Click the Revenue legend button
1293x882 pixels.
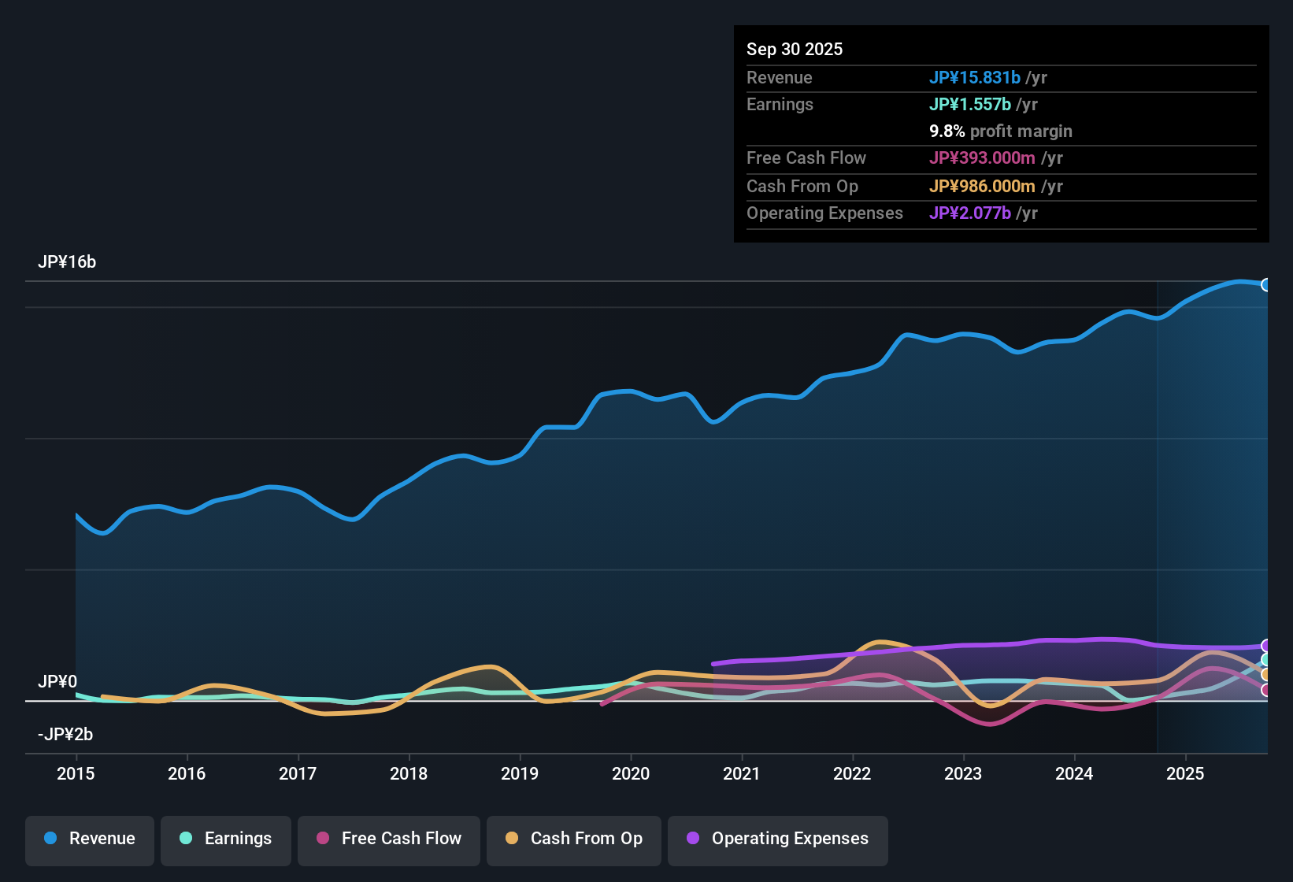coord(90,839)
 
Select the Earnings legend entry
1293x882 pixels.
coord(226,839)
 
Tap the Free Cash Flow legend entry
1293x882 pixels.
coord(389,839)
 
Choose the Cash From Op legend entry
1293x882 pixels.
coord(574,839)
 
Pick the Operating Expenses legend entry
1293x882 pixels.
coord(778,839)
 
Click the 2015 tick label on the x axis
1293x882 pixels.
coord(76,774)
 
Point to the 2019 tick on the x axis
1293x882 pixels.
coord(520,774)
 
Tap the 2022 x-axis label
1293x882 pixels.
coord(852,774)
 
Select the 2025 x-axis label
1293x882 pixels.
coord(1184,774)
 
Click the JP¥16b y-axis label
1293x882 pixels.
coord(67,262)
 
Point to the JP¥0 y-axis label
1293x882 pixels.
coord(57,682)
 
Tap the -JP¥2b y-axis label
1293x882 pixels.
coord(65,735)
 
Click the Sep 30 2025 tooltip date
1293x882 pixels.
coord(794,50)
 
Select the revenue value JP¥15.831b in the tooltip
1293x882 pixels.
coord(974,78)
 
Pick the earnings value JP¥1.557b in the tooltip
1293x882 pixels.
coord(969,105)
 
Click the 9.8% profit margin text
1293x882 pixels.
coord(1000,132)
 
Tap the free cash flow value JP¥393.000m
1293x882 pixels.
coord(981,158)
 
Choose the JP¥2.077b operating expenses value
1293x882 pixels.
coord(969,213)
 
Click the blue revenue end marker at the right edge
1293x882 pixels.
coord(1265,285)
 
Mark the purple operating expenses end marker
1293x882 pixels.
coord(1265,646)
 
